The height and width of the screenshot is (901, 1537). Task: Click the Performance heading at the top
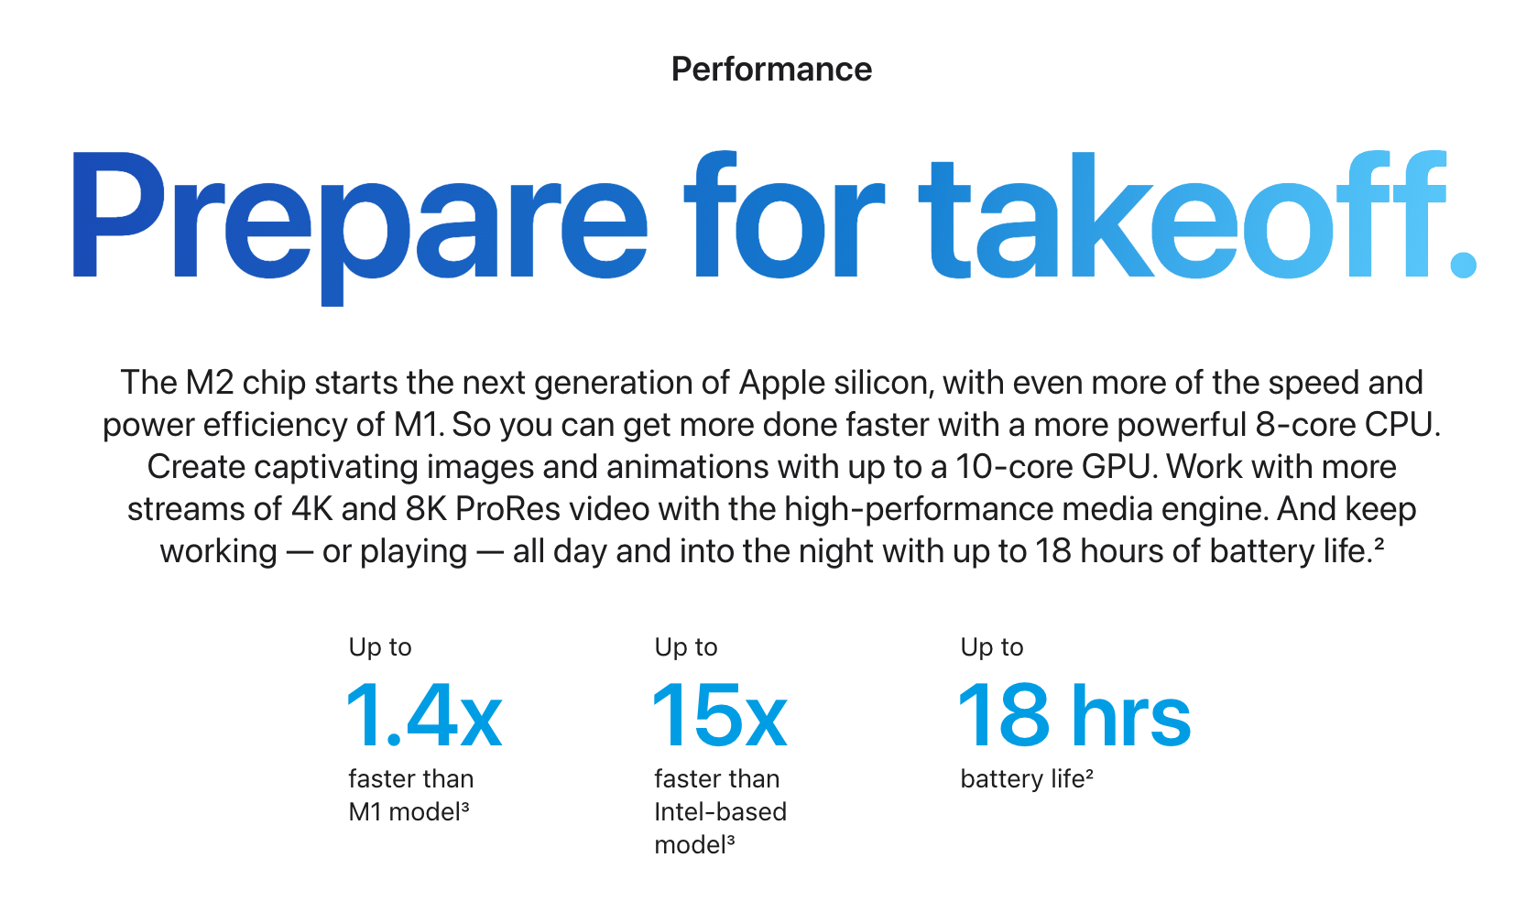tap(771, 70)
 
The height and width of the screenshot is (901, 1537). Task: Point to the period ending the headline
tap(1463, 265)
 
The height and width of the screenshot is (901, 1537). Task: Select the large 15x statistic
tap(720, 715)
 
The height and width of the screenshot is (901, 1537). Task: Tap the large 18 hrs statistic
tap(1074, 715)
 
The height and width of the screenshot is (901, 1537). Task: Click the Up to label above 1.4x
tap(380, 647)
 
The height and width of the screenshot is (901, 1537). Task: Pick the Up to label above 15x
tap(686, 647)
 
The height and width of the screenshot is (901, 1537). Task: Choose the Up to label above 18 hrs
tap(992, 647)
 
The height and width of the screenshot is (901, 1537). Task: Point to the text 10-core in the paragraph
tap(1015, 467)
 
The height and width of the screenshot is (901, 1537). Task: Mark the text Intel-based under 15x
tap(721, 812)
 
